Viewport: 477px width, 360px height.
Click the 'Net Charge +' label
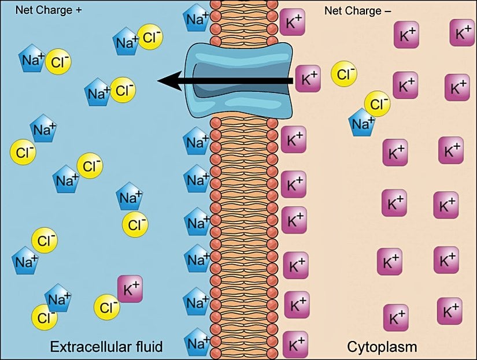pos(49,10)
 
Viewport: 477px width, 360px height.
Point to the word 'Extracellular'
pos(86,347)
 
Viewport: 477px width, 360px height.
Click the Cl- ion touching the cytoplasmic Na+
pos(377,104)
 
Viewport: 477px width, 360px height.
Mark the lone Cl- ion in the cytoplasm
pos(344,74)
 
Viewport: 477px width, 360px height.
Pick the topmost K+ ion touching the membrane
pos(293,23)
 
